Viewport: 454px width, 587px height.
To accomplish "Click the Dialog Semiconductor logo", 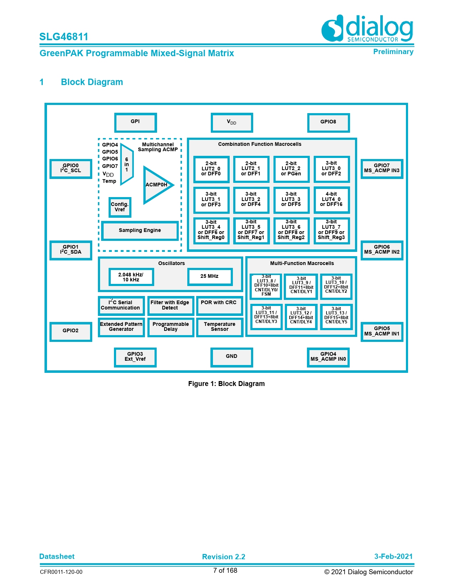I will point(367,28).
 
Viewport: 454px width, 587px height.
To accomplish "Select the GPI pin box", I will point(135,122).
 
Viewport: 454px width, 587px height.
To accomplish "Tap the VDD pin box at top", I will point(231,122).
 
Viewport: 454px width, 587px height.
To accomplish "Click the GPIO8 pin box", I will point(328,122).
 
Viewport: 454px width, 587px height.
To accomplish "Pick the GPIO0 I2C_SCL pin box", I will point(71,169).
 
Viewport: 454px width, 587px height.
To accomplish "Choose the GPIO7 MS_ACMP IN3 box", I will point(382,169).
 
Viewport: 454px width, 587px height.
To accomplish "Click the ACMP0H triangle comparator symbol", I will point(157,185).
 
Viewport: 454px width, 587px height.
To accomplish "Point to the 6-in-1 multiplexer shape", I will point(126,164).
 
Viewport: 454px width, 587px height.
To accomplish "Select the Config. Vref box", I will point(120,207).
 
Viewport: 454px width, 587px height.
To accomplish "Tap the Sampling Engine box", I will point(140,231).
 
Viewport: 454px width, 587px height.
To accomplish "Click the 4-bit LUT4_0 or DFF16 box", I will point(331,200).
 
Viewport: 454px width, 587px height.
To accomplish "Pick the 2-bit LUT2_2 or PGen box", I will point(291,169).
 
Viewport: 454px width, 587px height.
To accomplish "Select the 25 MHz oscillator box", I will point(210,276).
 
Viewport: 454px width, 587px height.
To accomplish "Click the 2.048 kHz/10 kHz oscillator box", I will point(131,277).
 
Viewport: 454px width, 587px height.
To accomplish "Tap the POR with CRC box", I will point(219,306).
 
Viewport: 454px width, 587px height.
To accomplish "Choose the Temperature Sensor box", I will point(219,327).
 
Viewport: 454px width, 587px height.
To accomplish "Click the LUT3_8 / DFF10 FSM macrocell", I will point(266,286).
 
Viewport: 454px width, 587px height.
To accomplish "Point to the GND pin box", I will point(231,357).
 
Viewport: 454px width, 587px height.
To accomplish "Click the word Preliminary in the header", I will point(393,52).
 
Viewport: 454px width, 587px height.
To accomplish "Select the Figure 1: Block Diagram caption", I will point(226,384).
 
